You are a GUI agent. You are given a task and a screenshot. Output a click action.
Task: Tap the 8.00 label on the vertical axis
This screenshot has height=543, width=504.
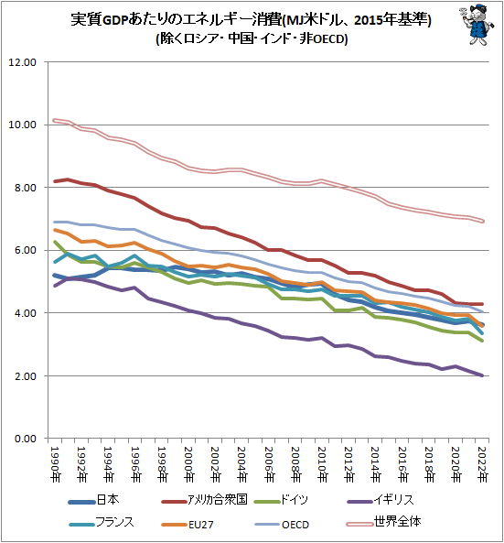coord(23,188)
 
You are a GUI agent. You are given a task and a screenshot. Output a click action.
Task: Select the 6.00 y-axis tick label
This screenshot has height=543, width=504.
coord(23,250)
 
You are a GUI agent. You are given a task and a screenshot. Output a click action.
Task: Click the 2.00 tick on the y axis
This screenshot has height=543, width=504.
coord(23,376)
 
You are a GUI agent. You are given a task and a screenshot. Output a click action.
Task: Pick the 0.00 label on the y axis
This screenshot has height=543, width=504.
coord(23,439)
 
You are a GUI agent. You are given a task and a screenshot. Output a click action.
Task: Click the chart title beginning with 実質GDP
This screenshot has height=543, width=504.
coord(252,19)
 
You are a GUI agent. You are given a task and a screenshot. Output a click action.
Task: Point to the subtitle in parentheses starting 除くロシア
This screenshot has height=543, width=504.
coord(252,39)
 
